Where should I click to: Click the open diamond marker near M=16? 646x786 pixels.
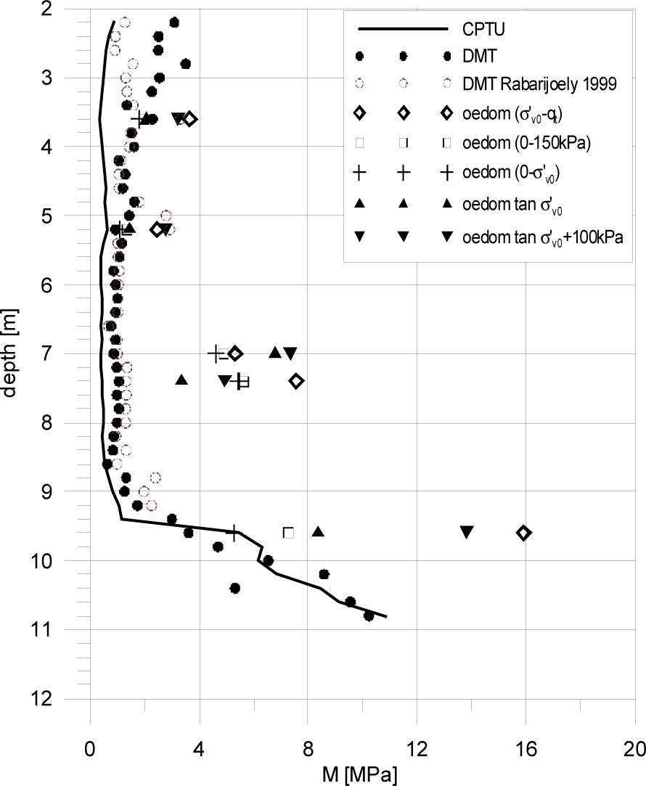(x=523, y=533)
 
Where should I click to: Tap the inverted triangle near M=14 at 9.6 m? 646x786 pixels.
(x=467, y=531)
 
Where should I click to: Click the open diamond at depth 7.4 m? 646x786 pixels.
(x=296, y=381)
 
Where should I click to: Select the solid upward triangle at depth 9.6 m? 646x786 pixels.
(x=318, y=531)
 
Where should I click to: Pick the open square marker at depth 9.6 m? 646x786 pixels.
(x=288, y=533)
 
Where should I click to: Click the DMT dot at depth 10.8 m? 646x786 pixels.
(x=369, y=615)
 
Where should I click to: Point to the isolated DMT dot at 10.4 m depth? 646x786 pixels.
(x=234, y=588)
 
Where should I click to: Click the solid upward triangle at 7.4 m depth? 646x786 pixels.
(x=181, y=380)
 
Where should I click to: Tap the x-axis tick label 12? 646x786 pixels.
(x=417, y=749)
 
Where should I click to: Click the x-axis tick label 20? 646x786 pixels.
(x=634, y=749)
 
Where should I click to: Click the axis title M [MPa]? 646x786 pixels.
(x=360, y=774)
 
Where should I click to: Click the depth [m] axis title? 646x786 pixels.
(x=11, y=354)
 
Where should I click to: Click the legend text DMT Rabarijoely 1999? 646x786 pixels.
(x=540, y=84)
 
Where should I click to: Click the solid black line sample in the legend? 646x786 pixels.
(x=401, y=30)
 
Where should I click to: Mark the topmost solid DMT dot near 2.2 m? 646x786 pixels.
(x=173, y=22)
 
